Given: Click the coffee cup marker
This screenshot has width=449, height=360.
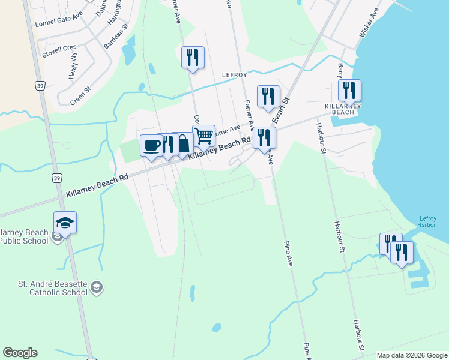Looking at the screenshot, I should click(151, 145).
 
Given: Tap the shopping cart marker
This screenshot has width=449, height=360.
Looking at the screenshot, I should click(204, 136).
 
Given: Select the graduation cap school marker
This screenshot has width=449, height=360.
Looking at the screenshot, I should click(65, 223).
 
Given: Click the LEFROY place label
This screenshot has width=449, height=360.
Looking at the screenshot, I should click(235, 74).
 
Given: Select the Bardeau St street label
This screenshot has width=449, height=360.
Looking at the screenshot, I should click(116, 37).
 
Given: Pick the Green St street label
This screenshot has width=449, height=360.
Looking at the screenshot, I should click(80, 96).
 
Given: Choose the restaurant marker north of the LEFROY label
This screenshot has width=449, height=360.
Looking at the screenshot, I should click(193, 57).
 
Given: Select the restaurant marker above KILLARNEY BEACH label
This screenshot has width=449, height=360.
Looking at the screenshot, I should click(349, 90).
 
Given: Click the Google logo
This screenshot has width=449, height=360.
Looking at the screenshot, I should click(20, 353).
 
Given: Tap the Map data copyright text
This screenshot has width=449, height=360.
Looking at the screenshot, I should click(412, 355).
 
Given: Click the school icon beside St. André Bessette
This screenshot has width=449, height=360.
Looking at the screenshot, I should click(96, 288).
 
